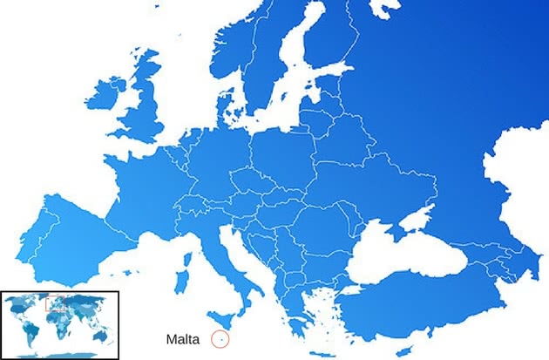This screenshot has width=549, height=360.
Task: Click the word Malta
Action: (183, 339)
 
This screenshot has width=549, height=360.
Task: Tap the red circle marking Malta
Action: (220, 339)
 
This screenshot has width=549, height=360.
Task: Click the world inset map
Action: (58, 324)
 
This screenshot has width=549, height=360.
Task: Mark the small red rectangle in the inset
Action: (55, 305)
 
